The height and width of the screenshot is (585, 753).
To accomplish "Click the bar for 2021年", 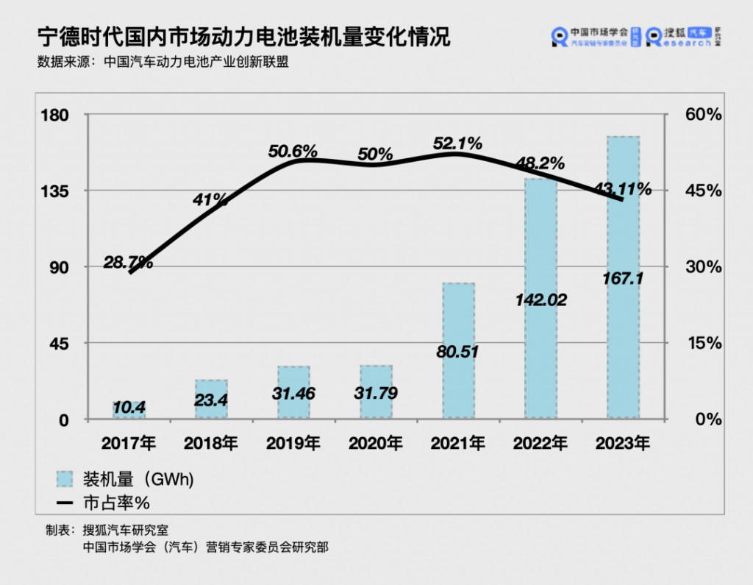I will point(459,351).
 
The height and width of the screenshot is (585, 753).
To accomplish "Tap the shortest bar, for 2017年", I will point(129,410).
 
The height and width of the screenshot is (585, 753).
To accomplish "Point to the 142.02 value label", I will point(540,300).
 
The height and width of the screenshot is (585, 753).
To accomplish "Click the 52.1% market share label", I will point(457,143).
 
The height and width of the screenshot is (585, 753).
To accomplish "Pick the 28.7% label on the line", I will point(128,262).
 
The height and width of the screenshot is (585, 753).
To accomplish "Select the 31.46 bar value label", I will point(293,394).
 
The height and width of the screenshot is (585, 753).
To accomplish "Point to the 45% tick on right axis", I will point(704,191).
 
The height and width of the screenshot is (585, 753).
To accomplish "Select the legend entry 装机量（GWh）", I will point(125,480).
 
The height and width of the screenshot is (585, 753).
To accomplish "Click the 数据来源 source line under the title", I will point(163,62).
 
